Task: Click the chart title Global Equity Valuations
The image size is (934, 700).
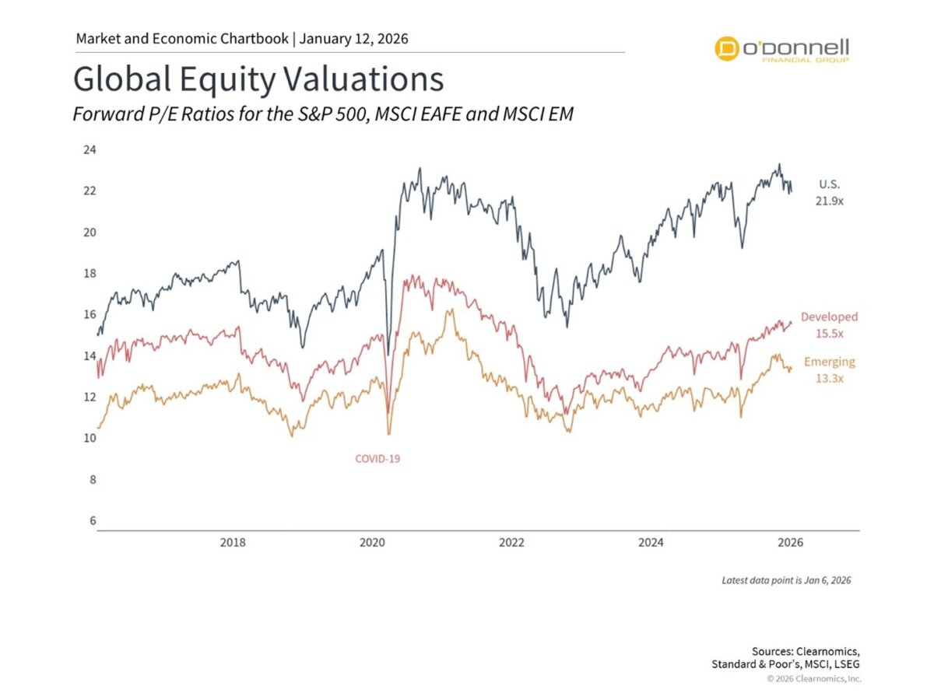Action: tap(258, 80)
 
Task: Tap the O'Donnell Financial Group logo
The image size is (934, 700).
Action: tap(782, 48)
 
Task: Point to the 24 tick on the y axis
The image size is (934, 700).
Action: tap(90, 149)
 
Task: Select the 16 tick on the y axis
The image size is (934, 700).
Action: tap(90, 314)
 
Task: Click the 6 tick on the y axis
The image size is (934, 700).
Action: tap(91, 520)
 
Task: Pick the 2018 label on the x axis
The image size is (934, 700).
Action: tap(233, 542)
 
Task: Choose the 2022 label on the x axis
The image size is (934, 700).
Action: tap(511, 542)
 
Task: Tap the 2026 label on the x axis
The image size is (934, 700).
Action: tap(790, 542)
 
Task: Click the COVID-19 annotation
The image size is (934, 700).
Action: tap(377, 458)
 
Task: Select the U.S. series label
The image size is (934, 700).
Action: tap(830, 184)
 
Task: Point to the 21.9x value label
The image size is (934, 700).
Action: tap(830, 200)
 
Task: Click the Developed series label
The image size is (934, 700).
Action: tap(829, 317)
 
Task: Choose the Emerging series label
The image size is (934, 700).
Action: tap(829, 362)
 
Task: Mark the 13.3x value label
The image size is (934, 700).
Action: tap(829, 377)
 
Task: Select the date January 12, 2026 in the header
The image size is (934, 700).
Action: tap(354, 38)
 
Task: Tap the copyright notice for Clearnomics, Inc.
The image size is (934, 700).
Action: tap(813, 679)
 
